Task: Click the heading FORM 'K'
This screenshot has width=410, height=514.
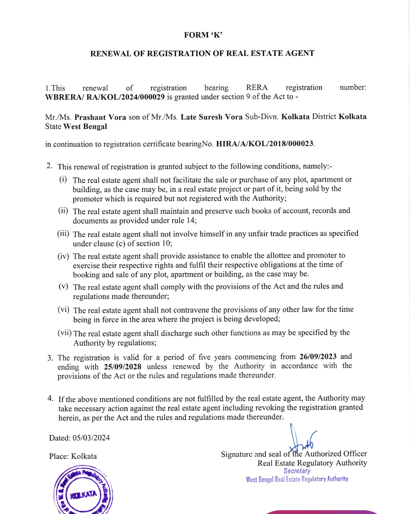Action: point(203,35)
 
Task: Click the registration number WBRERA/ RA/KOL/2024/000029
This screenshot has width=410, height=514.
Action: point(105,97)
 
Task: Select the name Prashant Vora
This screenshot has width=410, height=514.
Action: point(100,117)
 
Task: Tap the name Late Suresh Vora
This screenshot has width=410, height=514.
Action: point(211,117)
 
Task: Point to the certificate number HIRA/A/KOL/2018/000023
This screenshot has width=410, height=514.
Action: point(265,144)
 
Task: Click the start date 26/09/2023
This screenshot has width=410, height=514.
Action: point(318,357)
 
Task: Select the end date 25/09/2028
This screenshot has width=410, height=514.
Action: point(123,367)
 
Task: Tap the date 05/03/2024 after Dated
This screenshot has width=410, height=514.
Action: point(91,438)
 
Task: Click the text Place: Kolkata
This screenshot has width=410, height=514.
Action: point(73,456)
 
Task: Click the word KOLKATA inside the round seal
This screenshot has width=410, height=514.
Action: point(84,494)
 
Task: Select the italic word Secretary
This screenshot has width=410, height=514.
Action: point(297,471)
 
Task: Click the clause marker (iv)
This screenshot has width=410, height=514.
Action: point(63,256)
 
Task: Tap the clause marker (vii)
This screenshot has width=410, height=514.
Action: point(65,333)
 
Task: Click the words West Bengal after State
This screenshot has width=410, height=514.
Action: point(85,127)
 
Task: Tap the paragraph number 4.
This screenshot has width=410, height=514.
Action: point(50,398)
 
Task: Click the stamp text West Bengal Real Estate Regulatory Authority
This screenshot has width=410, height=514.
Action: point(297,479)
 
